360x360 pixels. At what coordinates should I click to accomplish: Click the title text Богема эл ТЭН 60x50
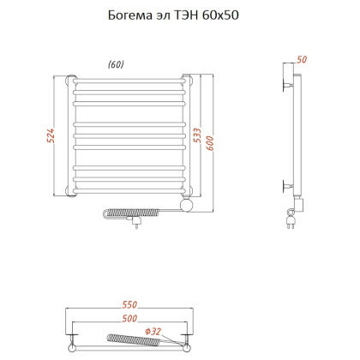[173, 15]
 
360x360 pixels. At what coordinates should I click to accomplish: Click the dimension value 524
[51, 135]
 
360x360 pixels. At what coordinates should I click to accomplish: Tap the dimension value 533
[197, 135]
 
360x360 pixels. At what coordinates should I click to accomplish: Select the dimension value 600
[210, 143]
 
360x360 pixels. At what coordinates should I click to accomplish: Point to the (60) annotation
[116, 64]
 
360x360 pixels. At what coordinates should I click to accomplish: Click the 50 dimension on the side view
[302, 59]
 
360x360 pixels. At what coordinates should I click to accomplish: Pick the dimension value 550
[129, 304]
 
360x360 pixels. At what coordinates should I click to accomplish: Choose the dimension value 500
[129, 318]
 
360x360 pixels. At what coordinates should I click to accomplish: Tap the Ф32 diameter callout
[153, 332]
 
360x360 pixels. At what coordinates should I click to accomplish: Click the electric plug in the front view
[135, 222]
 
